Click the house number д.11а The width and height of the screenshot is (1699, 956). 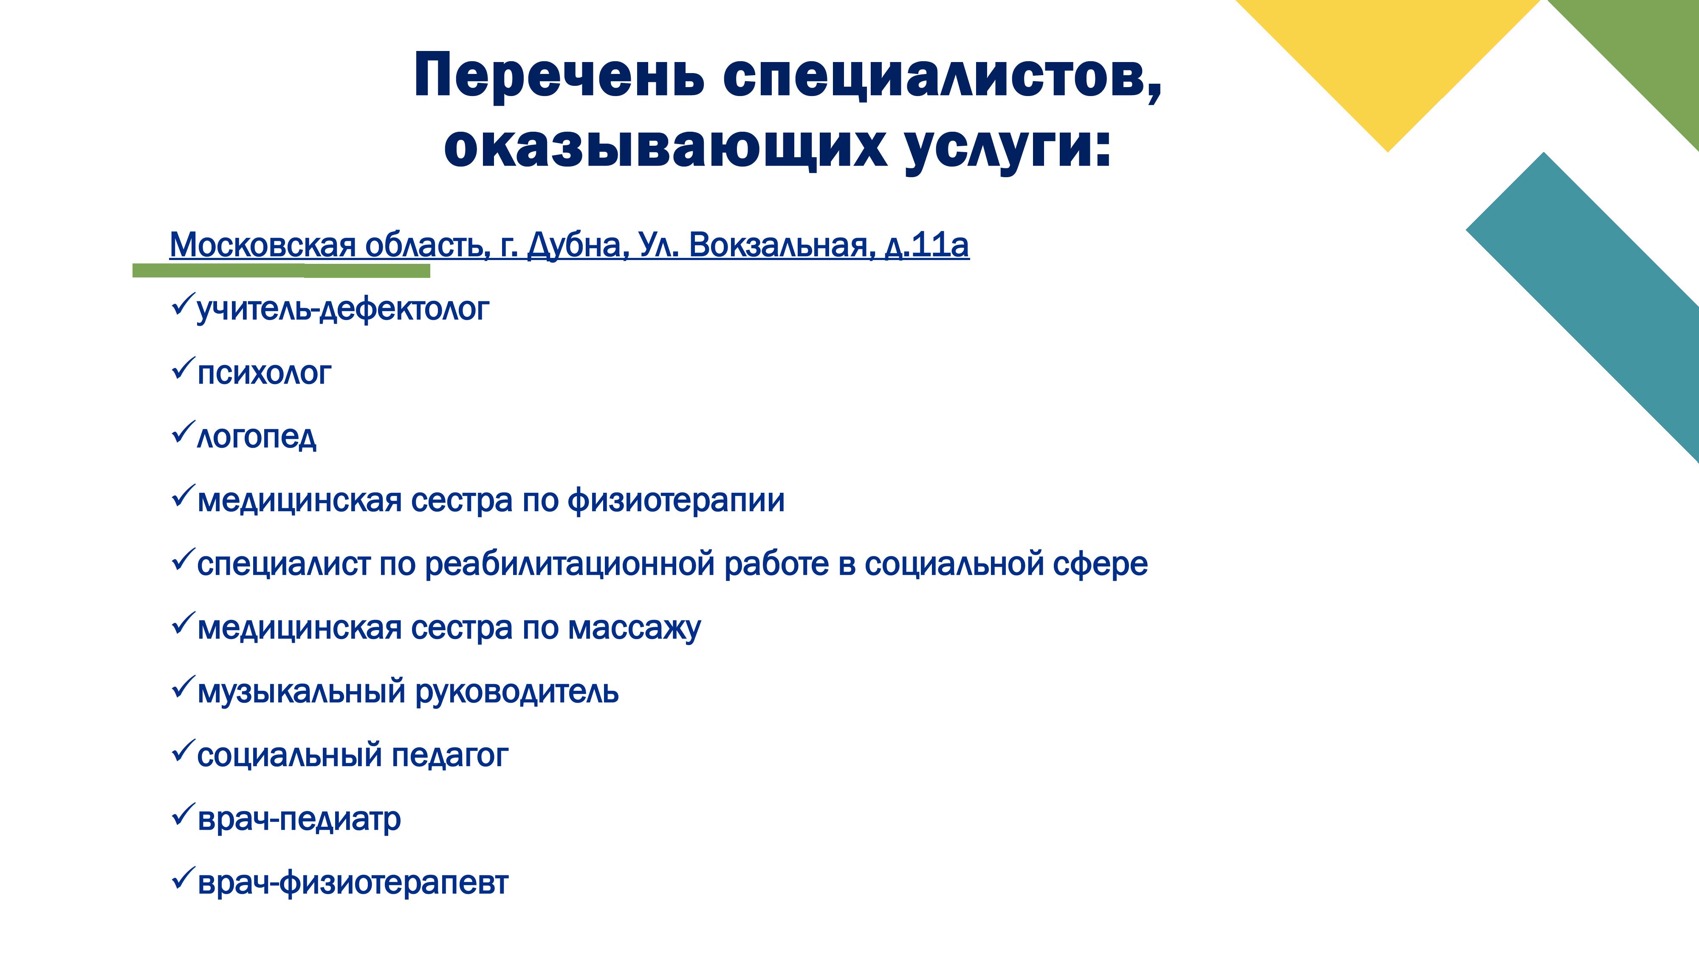[x=927, y=246]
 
